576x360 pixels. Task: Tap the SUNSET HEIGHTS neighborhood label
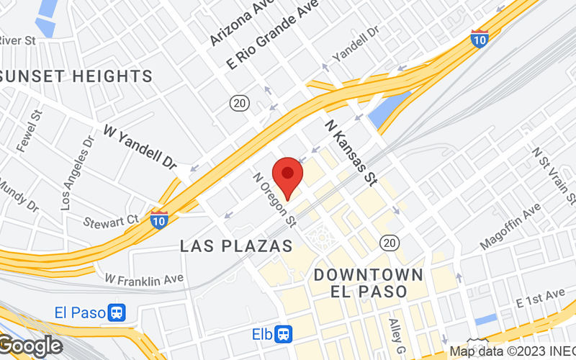(76, 76)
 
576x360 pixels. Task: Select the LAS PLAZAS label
(236, 246)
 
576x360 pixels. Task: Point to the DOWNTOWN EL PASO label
(369, 283)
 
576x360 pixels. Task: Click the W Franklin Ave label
(144, 277)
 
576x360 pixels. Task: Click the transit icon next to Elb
(285, 334)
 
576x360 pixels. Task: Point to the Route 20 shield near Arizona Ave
(240, 103)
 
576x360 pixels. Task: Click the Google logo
(30, 346)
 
